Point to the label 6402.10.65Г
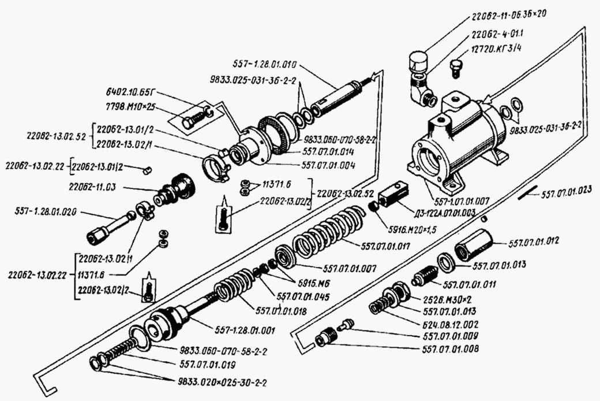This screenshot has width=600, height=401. point(136,92)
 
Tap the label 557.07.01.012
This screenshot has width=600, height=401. point(534,243)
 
